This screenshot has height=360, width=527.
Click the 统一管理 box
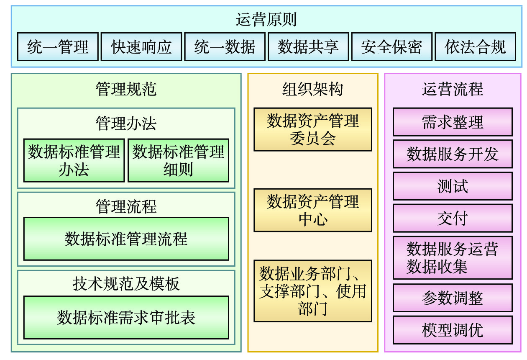[x=58, y=47]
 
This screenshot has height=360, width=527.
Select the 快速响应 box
[x=141, y=47]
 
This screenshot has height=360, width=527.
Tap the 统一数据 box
[x=225, y=47]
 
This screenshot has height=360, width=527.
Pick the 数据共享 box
[x=308, y=47]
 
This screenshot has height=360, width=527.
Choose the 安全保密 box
[x=391, y=47]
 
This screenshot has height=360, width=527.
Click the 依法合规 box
[x=475, y=47]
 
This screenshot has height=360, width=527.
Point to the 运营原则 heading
[x=266, y=20]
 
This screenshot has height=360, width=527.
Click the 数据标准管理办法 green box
[x=74, y=160]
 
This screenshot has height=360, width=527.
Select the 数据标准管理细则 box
[x=179, y=160]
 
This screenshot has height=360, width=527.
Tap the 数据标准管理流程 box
[x=126, y=239]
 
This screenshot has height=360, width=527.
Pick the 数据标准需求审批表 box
[x=126, y=317]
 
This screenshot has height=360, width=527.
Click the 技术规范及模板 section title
[x=126, y=284]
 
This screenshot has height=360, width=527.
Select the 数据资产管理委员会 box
[x=313, y=129]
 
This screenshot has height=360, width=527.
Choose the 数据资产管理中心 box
[x=313, y=210]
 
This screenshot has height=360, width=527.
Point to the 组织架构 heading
[x=313, y=89]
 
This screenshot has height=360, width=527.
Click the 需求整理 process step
[x=453, y=122]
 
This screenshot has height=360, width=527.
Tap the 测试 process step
[x=453, y=186]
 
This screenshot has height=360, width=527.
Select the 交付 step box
[x=453, y=218]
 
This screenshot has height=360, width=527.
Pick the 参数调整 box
[x=453, y=298]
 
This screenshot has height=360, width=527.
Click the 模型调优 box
[x=453, y=330]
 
